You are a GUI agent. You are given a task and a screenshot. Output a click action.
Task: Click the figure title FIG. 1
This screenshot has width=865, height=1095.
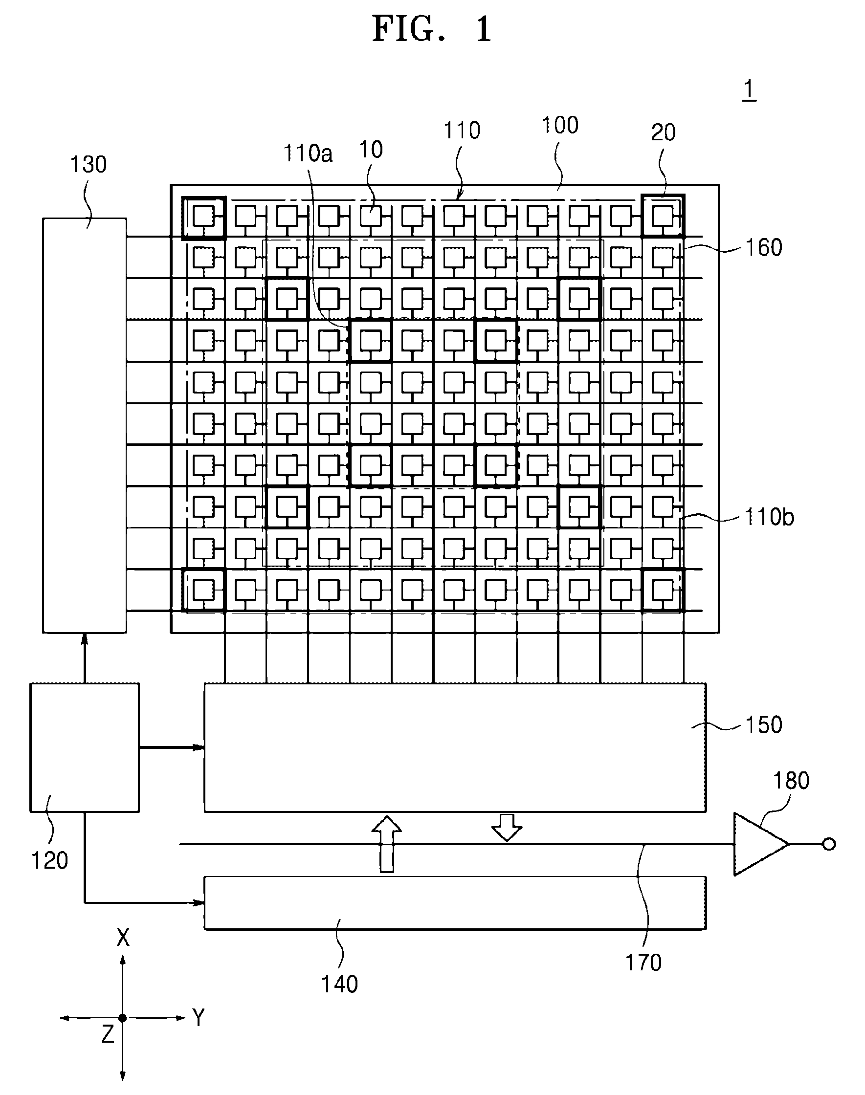[x=432, y=29]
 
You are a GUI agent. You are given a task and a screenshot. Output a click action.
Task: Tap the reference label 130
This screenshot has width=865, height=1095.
[x=88, y=165]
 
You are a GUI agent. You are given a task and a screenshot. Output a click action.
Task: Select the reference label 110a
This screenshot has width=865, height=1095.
[x=308, y=153]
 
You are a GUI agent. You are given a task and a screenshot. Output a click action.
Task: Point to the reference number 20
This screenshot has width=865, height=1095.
[x=663, y=132]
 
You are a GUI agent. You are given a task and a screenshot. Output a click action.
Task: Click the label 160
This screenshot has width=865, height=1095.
[x=764, y=247]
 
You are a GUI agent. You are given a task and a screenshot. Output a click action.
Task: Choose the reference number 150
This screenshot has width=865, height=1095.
[x=764, y=725]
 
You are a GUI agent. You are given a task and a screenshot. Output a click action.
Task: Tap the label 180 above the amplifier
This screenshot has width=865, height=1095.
[x=791, y=781]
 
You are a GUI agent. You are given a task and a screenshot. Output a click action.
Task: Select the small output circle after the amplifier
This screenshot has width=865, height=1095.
[x=829, y=844]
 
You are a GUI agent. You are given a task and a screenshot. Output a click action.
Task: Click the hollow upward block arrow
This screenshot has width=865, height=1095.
[x=387, y=844]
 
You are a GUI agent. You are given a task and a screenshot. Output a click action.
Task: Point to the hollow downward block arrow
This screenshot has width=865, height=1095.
[x=507, y=827]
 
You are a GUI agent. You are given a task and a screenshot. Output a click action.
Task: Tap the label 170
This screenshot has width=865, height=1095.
[x=643, y=963]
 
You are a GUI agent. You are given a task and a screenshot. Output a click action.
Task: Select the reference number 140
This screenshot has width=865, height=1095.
[x=339, y=984]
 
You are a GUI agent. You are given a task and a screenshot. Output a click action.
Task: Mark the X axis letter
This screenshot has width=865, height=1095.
[x=123, y=938]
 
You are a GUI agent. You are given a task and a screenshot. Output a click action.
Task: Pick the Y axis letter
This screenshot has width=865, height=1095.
[x=198, y=1018]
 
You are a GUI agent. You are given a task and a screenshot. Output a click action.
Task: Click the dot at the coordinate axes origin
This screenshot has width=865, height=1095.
[x=123, y=1018]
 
